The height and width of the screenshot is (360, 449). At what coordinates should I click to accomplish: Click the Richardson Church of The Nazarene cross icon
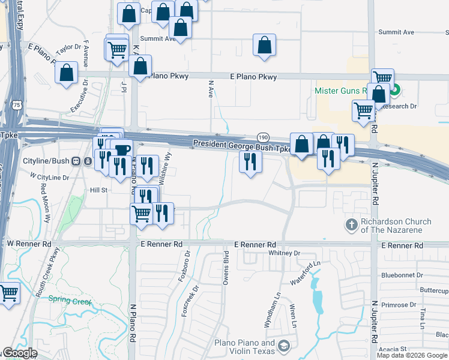[x=351, y=225]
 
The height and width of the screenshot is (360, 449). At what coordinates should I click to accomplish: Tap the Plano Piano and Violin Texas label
[x=244, y=346]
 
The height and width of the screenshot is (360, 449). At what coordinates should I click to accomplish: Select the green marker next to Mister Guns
[x=394, y=91]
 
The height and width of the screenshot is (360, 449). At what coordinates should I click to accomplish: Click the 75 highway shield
[x=17, y=104]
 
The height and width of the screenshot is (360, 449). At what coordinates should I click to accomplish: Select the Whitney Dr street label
[x=284, y=253]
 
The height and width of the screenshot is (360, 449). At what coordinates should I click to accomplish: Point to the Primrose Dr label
[x=397, y=305]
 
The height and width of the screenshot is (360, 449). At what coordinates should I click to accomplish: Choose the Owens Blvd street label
[x=226, y=268]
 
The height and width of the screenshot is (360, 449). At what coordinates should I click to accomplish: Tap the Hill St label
[x=98, y=190]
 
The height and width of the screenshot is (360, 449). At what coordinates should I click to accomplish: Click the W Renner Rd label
[x=28, y=244]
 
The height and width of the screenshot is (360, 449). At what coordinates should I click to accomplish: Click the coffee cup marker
[x=122, y=149]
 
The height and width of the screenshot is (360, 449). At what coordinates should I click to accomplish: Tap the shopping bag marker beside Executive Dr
[x=67, y=73]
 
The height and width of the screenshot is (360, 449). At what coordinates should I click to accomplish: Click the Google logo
[x=20, y=353]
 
